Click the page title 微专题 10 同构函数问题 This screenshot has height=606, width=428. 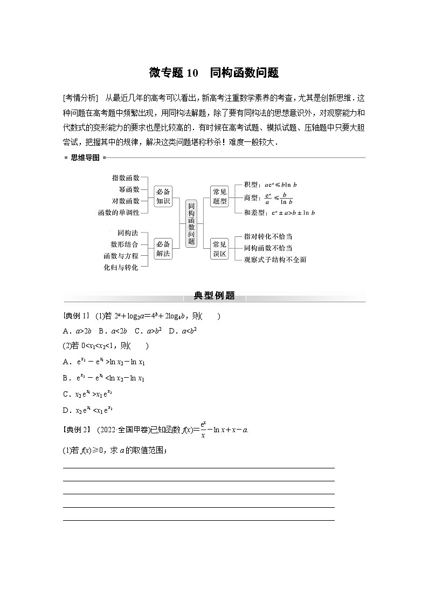click(x=213, y=73)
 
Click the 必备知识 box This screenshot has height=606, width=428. click(x=163, y=196)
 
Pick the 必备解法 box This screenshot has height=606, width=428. click(x=163, y=248)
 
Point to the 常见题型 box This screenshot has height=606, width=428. click(x=220, y=196)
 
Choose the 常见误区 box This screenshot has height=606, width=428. click(x=220, y=248)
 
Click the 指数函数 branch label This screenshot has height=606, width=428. click(x=126, y=178)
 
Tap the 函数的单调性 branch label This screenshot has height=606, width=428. click(x=119, y=213)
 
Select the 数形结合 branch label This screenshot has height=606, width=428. click(x=124, y=244)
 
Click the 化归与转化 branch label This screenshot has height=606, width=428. click(x=121, y=267)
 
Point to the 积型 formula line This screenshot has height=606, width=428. click(x=270, y=185)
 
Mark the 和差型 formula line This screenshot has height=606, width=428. click(x=279, y=213)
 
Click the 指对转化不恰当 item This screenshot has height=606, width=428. click(x=268, y=237)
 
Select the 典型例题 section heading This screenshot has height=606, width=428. click(x=214, y=296)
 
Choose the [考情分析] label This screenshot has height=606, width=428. click(x=80, y=97)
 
